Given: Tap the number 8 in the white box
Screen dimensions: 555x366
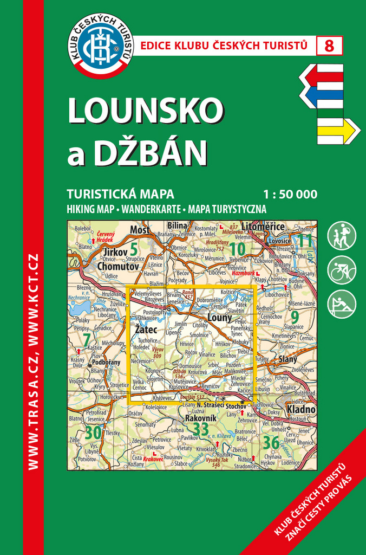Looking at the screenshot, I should click(x=329, y=46).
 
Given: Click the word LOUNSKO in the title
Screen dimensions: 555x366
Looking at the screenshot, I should click(x=145, y=111).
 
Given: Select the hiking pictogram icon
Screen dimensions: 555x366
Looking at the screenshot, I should click(x=342, y=236).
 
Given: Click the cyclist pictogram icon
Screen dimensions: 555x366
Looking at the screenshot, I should click(x=342, y=270).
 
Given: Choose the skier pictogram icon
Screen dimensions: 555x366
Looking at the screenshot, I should click(x=342, y=304).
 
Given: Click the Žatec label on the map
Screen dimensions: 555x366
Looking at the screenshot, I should click(x=146, y=329).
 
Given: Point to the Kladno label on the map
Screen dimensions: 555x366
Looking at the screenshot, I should click(x=301, y=409).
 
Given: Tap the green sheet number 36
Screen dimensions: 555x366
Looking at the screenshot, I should click(x=271, y=443).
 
